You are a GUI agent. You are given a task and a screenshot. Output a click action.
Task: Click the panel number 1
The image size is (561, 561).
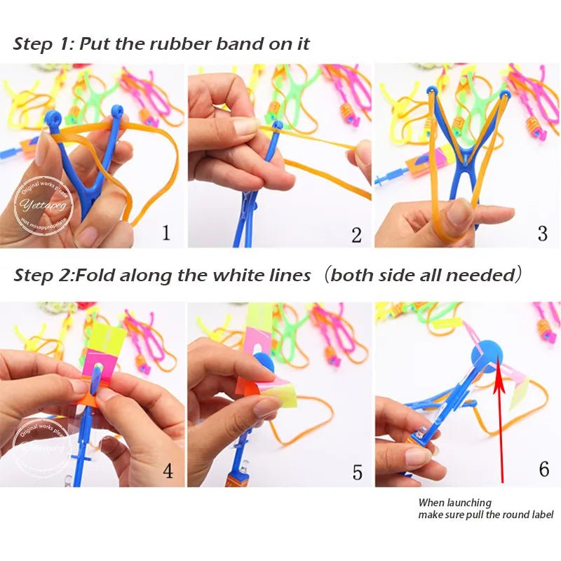pyautogui.click(x=166, y=232)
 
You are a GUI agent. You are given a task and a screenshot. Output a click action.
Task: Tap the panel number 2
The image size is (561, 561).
pyautogui.click(x=356, y=235)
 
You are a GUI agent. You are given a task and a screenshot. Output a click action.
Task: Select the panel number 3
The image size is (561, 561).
pyautogui.click(x=542, y=233)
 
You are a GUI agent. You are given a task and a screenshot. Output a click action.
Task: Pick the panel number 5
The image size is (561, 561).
pyautogui.click(x=357, y=472)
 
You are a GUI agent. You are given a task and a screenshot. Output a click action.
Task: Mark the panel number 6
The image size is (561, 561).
pyautogui.click(x=543, y=468)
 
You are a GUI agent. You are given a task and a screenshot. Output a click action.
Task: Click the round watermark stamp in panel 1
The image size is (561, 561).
pyautogui.click(x=43, y=207)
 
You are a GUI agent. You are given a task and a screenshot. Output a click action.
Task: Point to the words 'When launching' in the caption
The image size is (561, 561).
pyautogui.click(x=454, y=502)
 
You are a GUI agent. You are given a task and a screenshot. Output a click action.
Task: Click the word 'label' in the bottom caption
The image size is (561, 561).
pyautogui.click(x=540, y=515)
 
